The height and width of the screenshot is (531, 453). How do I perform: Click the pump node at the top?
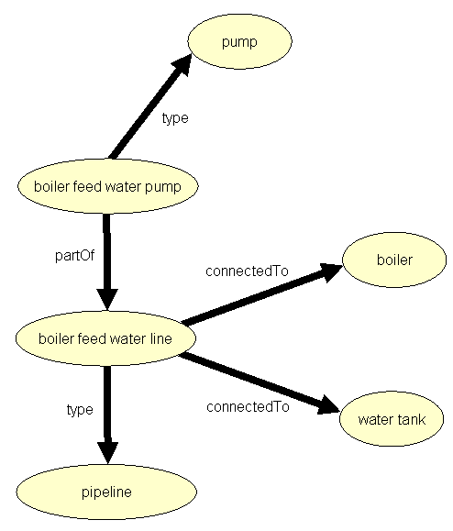click(x=239, y=42)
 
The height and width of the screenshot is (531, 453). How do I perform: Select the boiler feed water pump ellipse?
click(x=107, y=188)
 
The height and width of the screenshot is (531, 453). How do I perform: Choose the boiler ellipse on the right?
click(x=394, y=260)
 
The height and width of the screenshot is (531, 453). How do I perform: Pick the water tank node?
click(x=389, y=421)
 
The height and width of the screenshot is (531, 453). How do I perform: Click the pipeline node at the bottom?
click(x=107, y=492)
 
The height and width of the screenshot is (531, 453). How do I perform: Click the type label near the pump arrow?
click(x=174, y=118)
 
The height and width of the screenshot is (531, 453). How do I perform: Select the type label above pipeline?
click(x=80, y=410)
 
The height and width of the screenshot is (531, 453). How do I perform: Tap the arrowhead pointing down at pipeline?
click(x=107, y=453)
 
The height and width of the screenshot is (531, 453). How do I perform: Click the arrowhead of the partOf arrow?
click(x=107, y=301)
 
